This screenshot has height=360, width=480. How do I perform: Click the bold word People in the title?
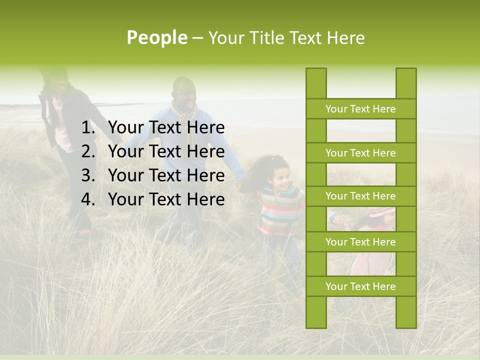click(x=156, y=37)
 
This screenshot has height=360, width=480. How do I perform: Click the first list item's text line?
click(x=166, y=128)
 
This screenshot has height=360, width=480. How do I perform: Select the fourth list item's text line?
click(x=166, y=199)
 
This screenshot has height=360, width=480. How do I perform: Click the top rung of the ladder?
click(x=360, y=109)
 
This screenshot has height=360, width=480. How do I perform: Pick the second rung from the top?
click(x=360, y=153)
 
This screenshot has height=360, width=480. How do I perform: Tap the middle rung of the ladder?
click(x=360, y=196)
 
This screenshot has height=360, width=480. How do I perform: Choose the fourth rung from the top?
click(x=360, y=242)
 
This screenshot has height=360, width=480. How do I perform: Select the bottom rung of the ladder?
click(x=360, y=286)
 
